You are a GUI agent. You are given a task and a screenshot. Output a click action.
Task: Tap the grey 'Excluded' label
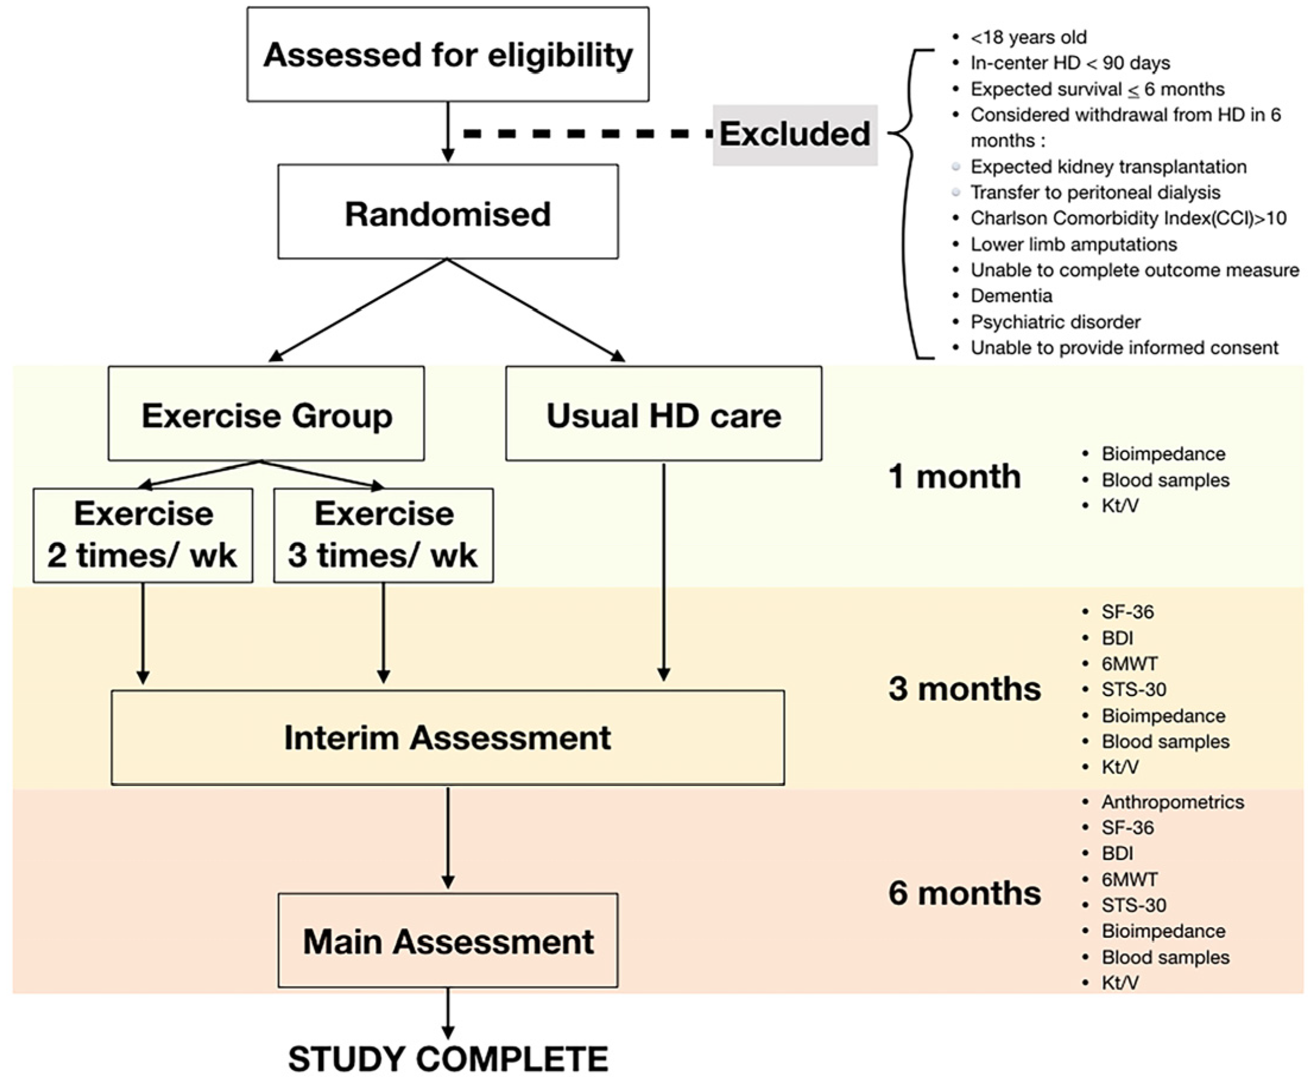point(795,134)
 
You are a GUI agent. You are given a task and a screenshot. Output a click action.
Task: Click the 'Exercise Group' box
point(266,414)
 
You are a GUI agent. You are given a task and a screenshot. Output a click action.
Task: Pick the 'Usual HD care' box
point(663,414)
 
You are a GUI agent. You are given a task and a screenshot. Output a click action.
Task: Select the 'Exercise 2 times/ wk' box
point(143,535)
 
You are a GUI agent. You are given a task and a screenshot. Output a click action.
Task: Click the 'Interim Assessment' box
point(448,738)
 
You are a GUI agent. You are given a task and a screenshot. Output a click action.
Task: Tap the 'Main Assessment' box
point(448,940)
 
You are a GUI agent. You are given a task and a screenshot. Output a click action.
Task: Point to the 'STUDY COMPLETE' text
point(448,1059)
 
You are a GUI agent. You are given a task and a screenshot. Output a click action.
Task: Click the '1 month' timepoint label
point(954,476)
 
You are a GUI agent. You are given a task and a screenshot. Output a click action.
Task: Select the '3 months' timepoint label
point(964,689)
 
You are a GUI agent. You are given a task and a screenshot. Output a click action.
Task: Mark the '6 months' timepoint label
point(964,893)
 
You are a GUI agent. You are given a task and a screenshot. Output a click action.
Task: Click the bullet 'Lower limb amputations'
point(1073,244)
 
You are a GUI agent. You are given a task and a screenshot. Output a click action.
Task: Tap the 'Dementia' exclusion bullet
point(1011,296)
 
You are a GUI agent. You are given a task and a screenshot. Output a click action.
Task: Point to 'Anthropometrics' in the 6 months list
point(1172,802)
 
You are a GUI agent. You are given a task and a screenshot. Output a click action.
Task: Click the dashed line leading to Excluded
point(587,134)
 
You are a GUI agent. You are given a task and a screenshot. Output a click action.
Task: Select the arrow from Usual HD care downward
point(663,571)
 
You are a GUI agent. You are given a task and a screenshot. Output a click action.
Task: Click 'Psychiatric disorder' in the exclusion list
point(1055,322)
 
